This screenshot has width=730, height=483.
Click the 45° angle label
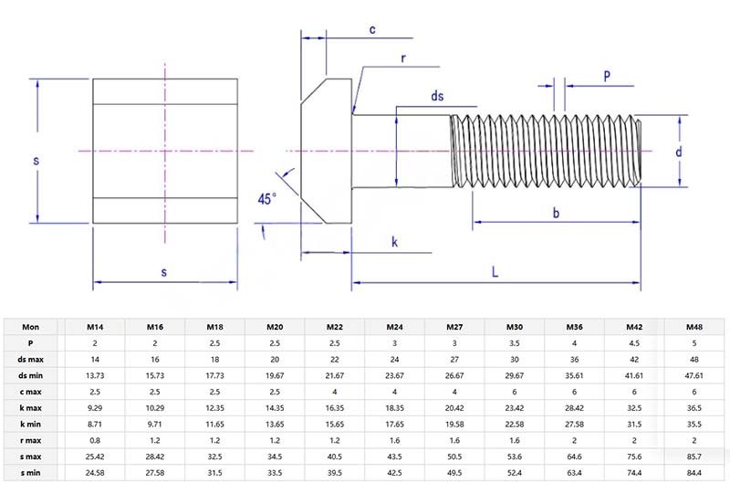(266, 198)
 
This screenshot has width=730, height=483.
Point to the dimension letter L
(495, 272)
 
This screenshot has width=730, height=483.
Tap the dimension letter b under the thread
(557, 213)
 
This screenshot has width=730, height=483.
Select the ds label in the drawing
(438, 96)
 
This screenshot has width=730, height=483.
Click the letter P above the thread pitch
(608, 77)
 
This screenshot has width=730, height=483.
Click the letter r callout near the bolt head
(402, 58)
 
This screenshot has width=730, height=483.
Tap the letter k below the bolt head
(394, 242)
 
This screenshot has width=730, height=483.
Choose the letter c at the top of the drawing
(372, 29)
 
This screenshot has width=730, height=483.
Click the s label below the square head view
(164, 272)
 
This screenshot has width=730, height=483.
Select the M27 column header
(454, 326)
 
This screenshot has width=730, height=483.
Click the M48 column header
(695, 326)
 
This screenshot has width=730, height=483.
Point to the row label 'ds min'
(31, 375)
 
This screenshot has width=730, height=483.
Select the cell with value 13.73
(93, 375)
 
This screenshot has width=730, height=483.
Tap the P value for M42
(635, 342)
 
